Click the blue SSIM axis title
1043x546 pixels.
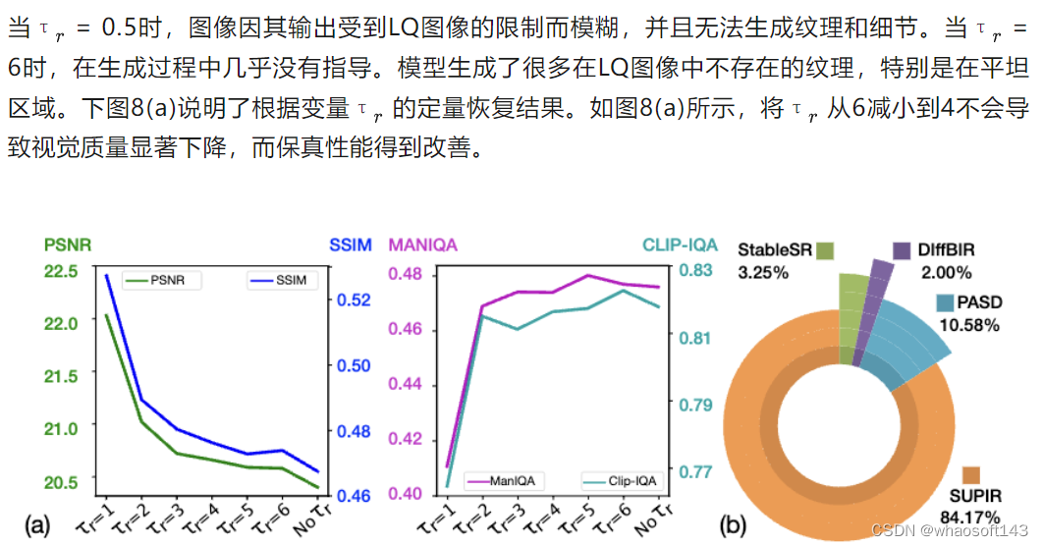click(x=349, y=245)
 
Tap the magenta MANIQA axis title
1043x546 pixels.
click(x=424, y=244)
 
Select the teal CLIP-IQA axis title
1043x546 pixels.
click(x=681, y=245)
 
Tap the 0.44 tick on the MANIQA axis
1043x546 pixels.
click(x=411, y=384)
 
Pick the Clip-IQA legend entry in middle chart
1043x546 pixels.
click(x=618, y=481)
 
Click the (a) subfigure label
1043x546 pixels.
click(x=37, y=525)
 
